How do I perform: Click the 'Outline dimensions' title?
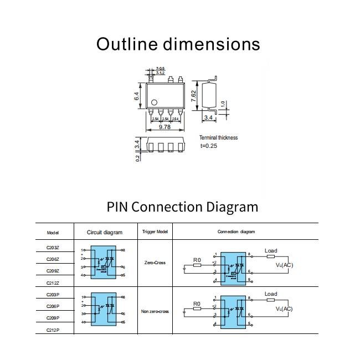pyautogui.click(x=178, y=44)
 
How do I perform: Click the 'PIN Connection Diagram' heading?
pyautogui.click(x=182, y=207)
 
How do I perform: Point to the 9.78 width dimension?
pyautogui.click(x=164, y=127)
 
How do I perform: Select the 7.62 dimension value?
pyautogui.click(x=193, y=95)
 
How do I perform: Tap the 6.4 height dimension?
pyautogui.click(x=136, y=96)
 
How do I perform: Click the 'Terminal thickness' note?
pyautogui.click(x=219, y=137)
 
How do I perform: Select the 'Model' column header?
pyautogui.click(x=53, y=232)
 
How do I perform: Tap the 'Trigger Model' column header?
pyautogui.click(x=155, y=232)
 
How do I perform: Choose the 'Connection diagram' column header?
pyautogui.click(x=236, y=232)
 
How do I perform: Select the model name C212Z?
pyautogui.click(x=53, y=283)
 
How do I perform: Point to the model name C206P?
pyautogui.click(x=53, y=306)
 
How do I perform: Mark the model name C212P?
pyautogui.click(x=53, y=330)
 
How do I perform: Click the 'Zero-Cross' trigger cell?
pyautogui.click(x=155, y=263)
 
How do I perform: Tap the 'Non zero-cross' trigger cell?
pyautogui.click(x=155, y=311)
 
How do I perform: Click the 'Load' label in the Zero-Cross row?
pyautogui.click(x=271, y=251)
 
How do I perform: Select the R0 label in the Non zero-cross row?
pyautogui.click(x=197, y=304)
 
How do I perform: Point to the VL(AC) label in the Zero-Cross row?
pyautogui.click(x=285, y=265)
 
